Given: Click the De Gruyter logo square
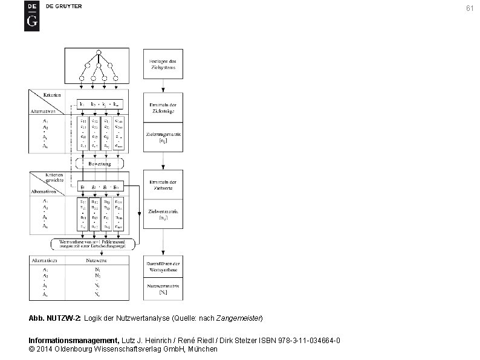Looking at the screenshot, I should pos(31,16).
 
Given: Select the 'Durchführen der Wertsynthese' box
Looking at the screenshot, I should pos(163,266).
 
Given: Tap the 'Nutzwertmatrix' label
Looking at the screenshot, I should pos(163,289).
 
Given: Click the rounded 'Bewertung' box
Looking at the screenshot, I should pos(100,163).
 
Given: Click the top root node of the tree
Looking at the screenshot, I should pos(99,51).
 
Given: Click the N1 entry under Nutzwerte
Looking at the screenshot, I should pos(97,269).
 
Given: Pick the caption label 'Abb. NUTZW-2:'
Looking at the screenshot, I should pos(55,318).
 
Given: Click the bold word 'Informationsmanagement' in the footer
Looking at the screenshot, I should pos(74,341).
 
